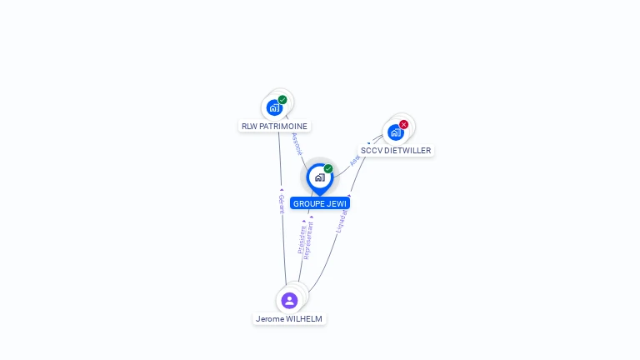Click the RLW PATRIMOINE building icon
(274, 107)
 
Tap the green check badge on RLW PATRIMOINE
(282, 100)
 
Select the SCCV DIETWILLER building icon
(396, 132)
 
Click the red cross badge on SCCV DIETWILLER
(404, 124)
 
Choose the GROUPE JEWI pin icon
(319, 177)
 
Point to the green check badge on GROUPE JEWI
(328, 169)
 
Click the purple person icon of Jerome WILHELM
(289, 300)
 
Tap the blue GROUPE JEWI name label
(320, 203)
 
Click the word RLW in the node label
(249, 127)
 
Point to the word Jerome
(270, 319)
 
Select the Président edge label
(302, 237)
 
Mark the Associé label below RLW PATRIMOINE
(297, 143)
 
